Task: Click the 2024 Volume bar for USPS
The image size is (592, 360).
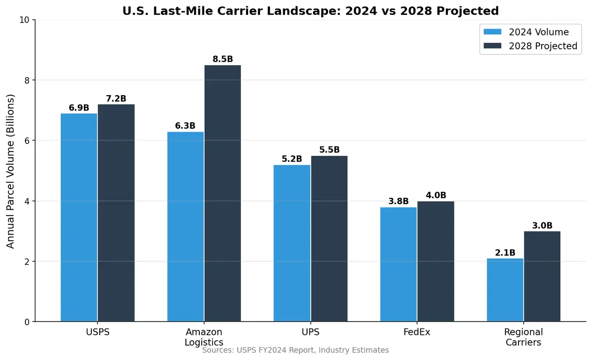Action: (79, 217)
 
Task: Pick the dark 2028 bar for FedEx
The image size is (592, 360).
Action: (436, 261)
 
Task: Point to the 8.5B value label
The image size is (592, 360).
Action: (222, 59)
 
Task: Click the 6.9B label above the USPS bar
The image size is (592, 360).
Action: (79, 108)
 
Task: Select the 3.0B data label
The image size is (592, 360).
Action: (542, 225)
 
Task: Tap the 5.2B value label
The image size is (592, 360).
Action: (292, 159)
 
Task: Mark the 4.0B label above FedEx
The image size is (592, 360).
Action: (436, 195)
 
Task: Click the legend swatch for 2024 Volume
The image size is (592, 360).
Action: (492, 32)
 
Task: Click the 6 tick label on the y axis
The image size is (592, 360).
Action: (27, 141)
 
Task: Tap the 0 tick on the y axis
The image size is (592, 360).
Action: (27, 322)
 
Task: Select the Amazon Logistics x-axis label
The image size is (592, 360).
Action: (204, 337)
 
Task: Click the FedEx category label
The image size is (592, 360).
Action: (417, 332)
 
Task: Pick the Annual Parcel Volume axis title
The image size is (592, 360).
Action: (11, 171)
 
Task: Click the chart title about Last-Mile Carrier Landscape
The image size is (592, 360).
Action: (310, 11)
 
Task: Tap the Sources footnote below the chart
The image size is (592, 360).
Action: (296, 350)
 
